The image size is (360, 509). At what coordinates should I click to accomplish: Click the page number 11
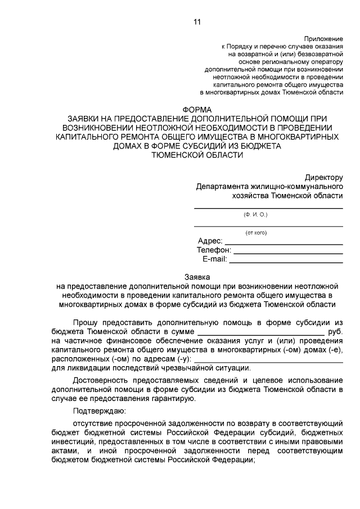(196, 22)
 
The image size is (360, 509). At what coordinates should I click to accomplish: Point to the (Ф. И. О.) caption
(256, 214)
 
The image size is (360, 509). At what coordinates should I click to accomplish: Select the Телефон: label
(214, 250)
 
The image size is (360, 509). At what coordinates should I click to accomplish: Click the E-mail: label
(214, 259)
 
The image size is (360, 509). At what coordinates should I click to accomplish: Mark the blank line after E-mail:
(286, 262)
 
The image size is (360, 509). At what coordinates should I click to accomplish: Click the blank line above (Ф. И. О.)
(268, 208)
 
